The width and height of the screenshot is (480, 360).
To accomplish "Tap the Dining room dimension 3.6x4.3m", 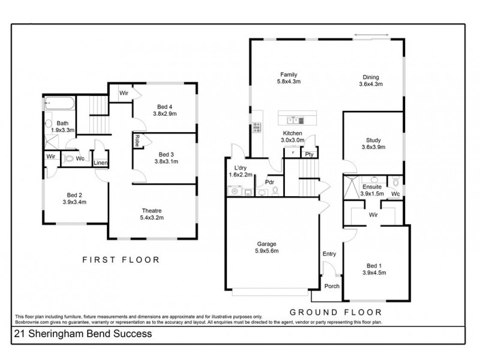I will click(x=370, y=84).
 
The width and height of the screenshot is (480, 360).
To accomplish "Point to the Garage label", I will click(x=267, y=244).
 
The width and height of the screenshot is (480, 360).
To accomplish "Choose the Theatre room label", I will click(x=152, y=211).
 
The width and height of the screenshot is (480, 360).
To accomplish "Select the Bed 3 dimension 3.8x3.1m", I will click(x=165, y=161).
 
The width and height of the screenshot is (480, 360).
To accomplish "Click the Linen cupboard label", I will click(x=100, y=163).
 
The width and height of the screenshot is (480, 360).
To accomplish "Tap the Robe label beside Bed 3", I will click(x=137, y=140).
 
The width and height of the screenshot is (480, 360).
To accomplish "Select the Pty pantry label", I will click(x=310, y=154).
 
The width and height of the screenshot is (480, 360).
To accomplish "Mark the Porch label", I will click(x=331, y=286).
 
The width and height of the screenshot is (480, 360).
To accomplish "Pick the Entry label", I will click(x=329, y=254).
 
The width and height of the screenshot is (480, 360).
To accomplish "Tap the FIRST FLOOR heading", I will click(x=121, y=260).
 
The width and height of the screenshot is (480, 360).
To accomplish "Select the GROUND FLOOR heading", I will click(x=335, y=311).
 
